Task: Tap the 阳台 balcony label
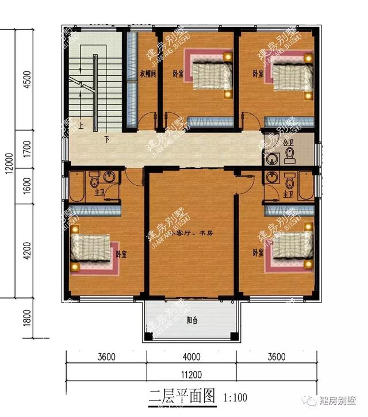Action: [191, 321]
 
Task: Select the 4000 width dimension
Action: [192, 357]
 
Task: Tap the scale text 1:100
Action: [235, 397]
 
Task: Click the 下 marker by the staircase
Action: [107, 139]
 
